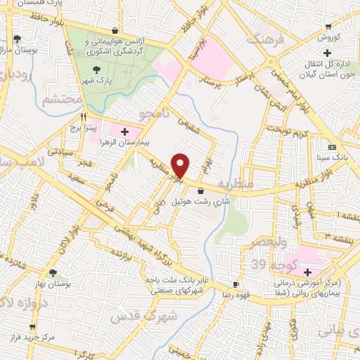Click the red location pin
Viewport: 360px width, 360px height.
pyautogui.click(x=181, y=165)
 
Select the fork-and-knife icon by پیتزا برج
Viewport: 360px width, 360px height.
pyautogui.click(x=84, y=117)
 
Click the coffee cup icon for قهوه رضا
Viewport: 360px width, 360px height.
pyautogui.click(x=236, y=285)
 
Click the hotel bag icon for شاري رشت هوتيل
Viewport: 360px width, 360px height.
pyautogui.click(x=202, y=190)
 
